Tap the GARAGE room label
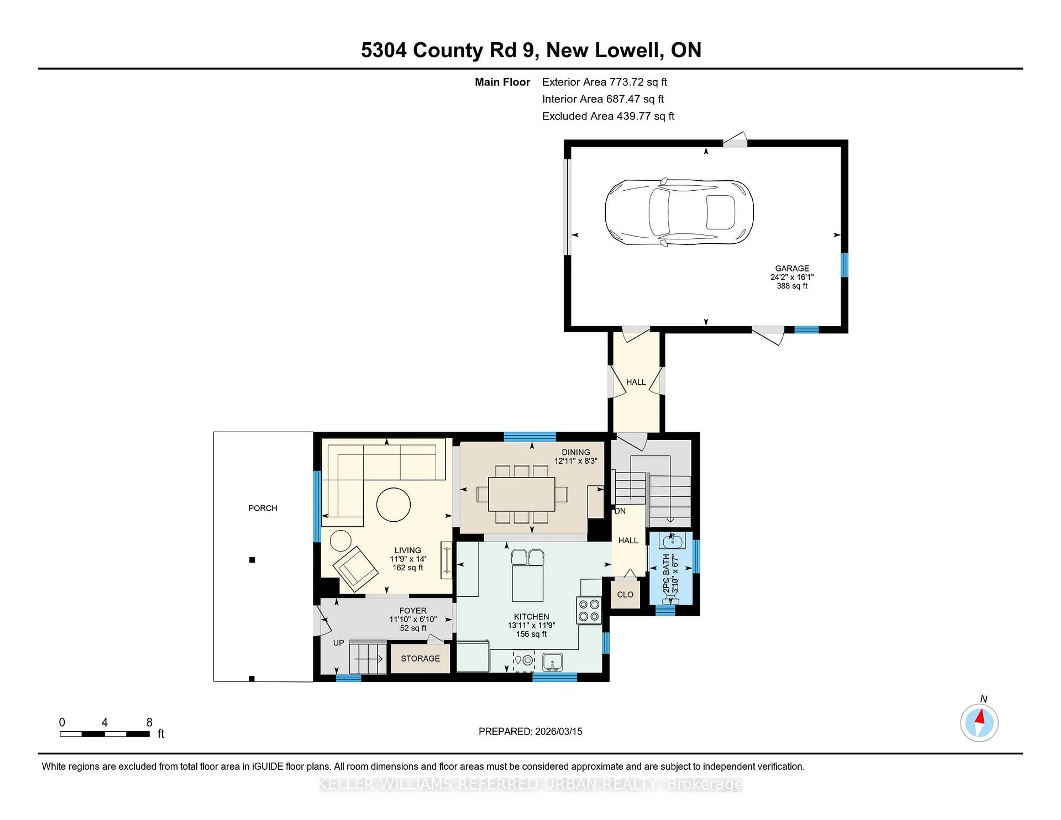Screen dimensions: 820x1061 pyautogui.click(x=792, y=268)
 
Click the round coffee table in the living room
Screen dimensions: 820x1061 pyautogui.click(x=393, y=504)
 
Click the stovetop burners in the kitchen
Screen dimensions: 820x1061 pyautogui.click(x=589, y=610)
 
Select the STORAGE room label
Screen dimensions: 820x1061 pyautogui.click(x=420, y=658)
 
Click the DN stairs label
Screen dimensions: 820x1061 pyautogui.click(x=620, y=511)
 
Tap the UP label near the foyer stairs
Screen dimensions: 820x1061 pyautogui.click(x=338, y=643)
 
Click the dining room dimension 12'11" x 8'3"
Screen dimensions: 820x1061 pyautogui.click(x=576, y=461)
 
